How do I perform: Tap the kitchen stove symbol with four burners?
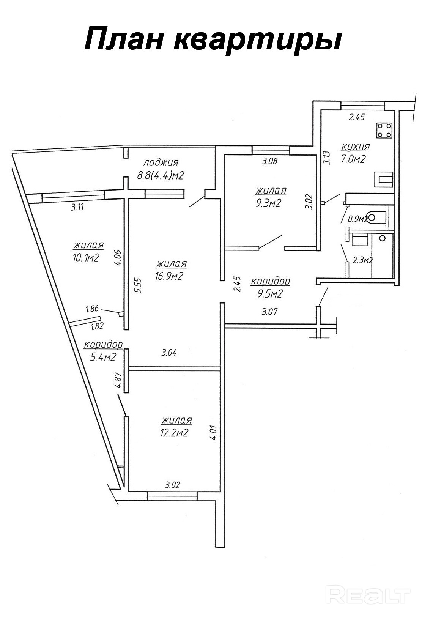click(384, 131)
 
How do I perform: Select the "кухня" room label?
click(355, 147)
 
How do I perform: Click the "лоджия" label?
click(161, 163)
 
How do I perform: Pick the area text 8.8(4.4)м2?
click(161, 176)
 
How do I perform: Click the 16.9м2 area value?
click(169, 276)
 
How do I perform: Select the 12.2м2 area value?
click(174, 433)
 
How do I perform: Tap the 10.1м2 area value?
click(86, 258)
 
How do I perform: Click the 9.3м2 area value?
click(268, 203)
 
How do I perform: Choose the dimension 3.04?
click(169, 353)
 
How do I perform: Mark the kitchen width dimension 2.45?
click(357, 117)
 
